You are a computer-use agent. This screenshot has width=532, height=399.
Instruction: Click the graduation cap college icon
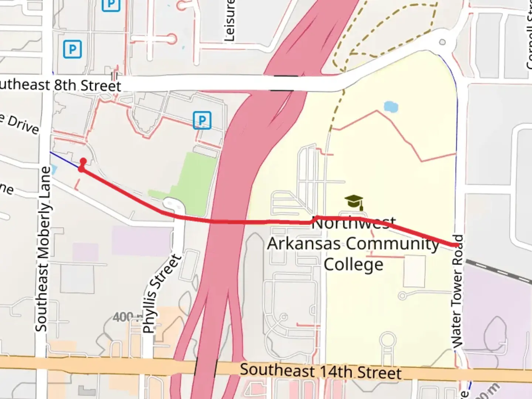coord(354,202)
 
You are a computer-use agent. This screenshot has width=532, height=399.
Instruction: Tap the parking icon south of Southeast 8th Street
coord(202,120)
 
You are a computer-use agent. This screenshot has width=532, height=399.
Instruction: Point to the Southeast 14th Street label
coord(320,371)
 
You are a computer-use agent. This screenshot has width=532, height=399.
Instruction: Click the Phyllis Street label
coord(161,294)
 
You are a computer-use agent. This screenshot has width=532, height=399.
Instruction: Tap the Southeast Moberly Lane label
coord(44,249)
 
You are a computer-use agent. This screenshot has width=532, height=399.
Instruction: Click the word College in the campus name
coord(354,265)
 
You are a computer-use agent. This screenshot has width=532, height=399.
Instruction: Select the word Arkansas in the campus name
coord(304,244)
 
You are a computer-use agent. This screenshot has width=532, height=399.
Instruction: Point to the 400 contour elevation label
coord(123,317)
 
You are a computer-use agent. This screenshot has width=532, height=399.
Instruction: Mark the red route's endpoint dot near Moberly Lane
coord(83,161)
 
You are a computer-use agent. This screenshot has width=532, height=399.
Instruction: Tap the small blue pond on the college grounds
coord(391,107)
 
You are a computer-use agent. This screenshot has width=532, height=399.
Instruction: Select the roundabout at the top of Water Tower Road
coord(442,42)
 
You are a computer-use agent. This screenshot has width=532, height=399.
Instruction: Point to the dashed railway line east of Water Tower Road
coord(499,272)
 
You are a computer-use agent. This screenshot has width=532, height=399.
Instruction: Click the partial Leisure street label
coord(229,20)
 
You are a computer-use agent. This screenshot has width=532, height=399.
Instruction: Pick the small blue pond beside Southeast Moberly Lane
coord(54,170)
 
